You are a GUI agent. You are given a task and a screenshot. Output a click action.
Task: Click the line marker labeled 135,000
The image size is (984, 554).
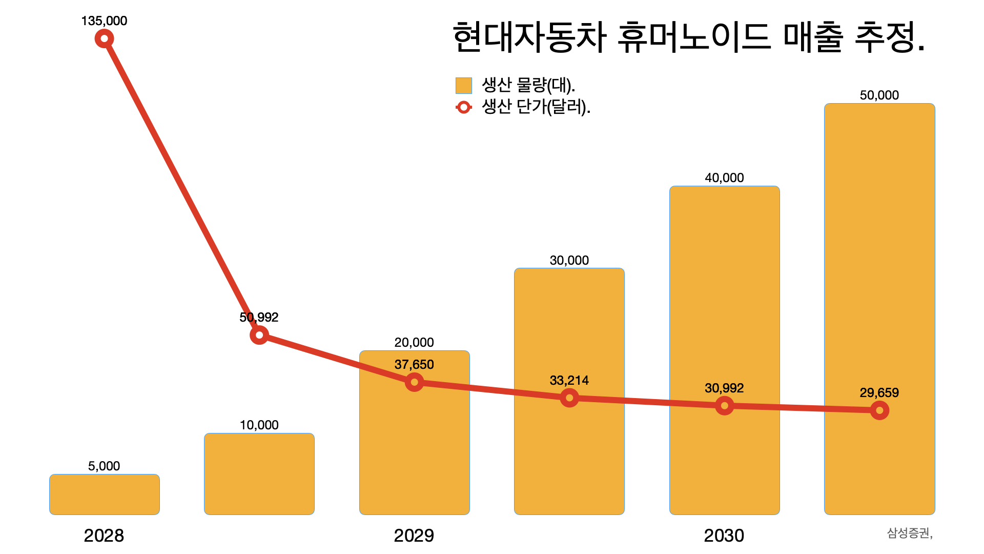click(104, 38)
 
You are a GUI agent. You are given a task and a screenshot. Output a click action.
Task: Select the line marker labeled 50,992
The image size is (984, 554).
click(259, 335)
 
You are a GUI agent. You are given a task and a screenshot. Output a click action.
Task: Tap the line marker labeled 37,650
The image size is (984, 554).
click(414, 382)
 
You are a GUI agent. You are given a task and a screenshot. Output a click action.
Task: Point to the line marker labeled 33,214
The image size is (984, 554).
click(569, 398)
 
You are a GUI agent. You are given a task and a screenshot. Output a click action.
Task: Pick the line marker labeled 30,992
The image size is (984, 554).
click(724, 406)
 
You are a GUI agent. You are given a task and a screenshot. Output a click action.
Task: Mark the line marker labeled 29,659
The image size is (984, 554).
click(879, 410)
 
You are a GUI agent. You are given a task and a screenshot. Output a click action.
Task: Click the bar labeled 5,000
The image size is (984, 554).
click(105, 494)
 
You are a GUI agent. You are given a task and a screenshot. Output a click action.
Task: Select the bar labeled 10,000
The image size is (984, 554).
click(259, 474)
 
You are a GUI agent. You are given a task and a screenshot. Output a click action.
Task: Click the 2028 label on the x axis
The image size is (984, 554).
click(104, 536)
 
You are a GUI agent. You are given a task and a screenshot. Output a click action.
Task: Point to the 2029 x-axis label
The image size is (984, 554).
click(414, 536)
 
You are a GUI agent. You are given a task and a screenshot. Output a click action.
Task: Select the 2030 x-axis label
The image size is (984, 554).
click(724, 536)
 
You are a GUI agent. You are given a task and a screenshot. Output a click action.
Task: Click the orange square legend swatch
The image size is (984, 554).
click(464, 86)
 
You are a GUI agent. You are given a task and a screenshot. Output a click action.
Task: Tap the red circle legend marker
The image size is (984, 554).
click(464, 107)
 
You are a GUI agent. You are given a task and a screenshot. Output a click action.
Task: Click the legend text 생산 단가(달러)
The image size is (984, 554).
click(536, 107)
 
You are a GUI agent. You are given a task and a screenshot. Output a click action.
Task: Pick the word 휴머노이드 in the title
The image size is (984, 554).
click(694, 38)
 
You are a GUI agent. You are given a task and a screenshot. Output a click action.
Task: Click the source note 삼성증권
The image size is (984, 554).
click(909, 533)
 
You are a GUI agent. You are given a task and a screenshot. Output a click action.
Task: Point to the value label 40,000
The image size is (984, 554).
click(724, 178)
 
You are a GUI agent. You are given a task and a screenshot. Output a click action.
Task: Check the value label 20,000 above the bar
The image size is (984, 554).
click(414, 342)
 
